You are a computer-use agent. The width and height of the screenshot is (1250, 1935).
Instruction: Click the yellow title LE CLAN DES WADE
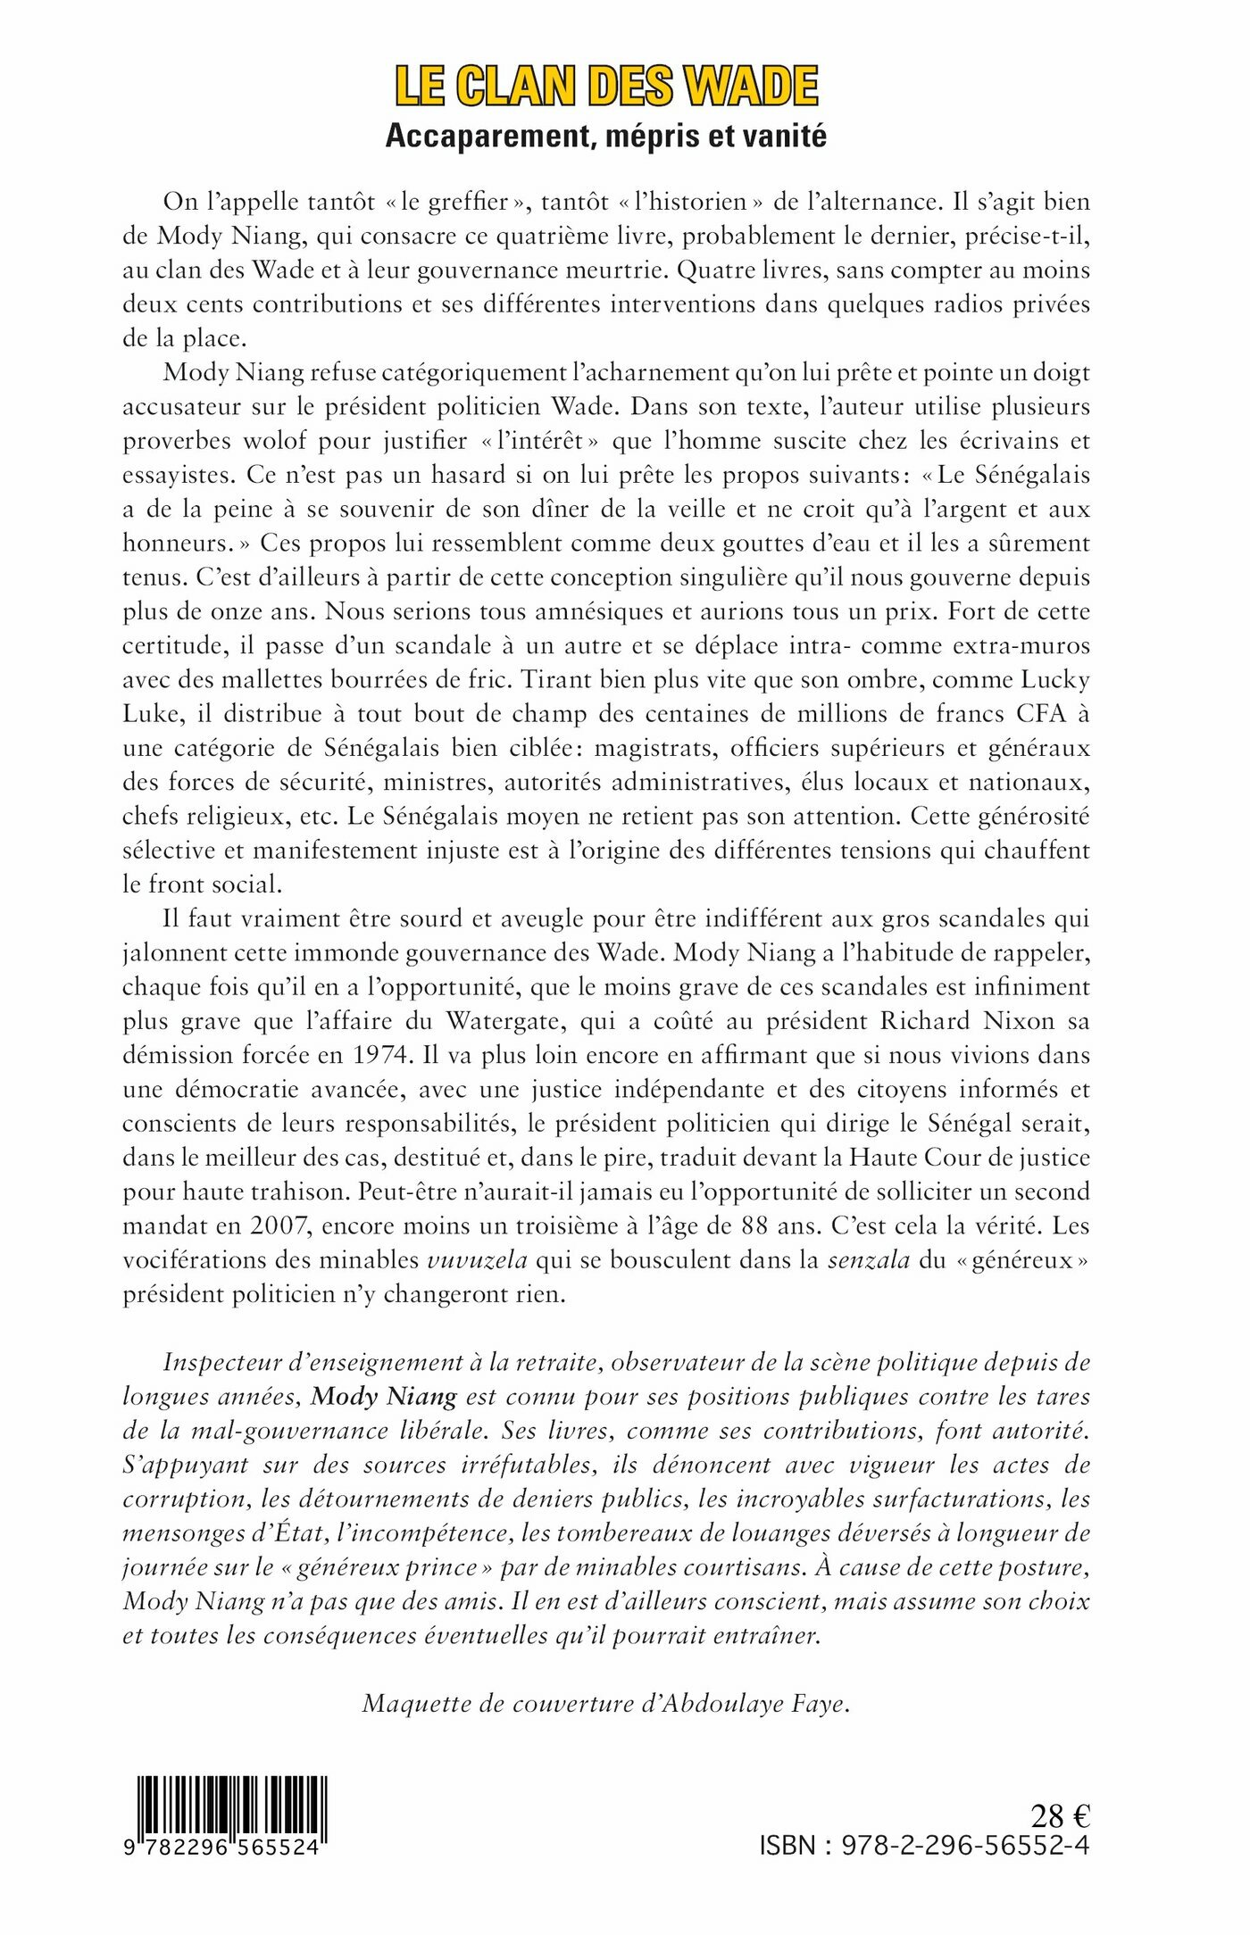(606, 87)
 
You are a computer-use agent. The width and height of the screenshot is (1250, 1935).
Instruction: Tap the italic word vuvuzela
(478, 1260)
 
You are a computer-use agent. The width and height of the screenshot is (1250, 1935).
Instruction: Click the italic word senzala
(869, 1260)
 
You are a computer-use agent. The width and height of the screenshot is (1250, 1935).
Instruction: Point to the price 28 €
(1060, 1816)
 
